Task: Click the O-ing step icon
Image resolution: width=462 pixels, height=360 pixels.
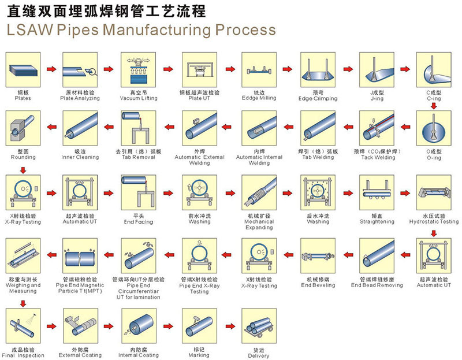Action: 433,128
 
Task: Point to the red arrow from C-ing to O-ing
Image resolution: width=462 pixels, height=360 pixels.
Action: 433,105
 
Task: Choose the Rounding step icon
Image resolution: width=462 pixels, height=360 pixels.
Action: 23,128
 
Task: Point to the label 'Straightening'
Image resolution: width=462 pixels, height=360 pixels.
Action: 377,221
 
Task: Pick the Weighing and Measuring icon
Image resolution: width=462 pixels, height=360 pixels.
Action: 23,254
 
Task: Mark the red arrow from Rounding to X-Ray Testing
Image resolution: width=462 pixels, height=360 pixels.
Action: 23,170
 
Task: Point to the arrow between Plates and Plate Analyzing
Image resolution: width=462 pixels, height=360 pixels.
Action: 51,70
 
